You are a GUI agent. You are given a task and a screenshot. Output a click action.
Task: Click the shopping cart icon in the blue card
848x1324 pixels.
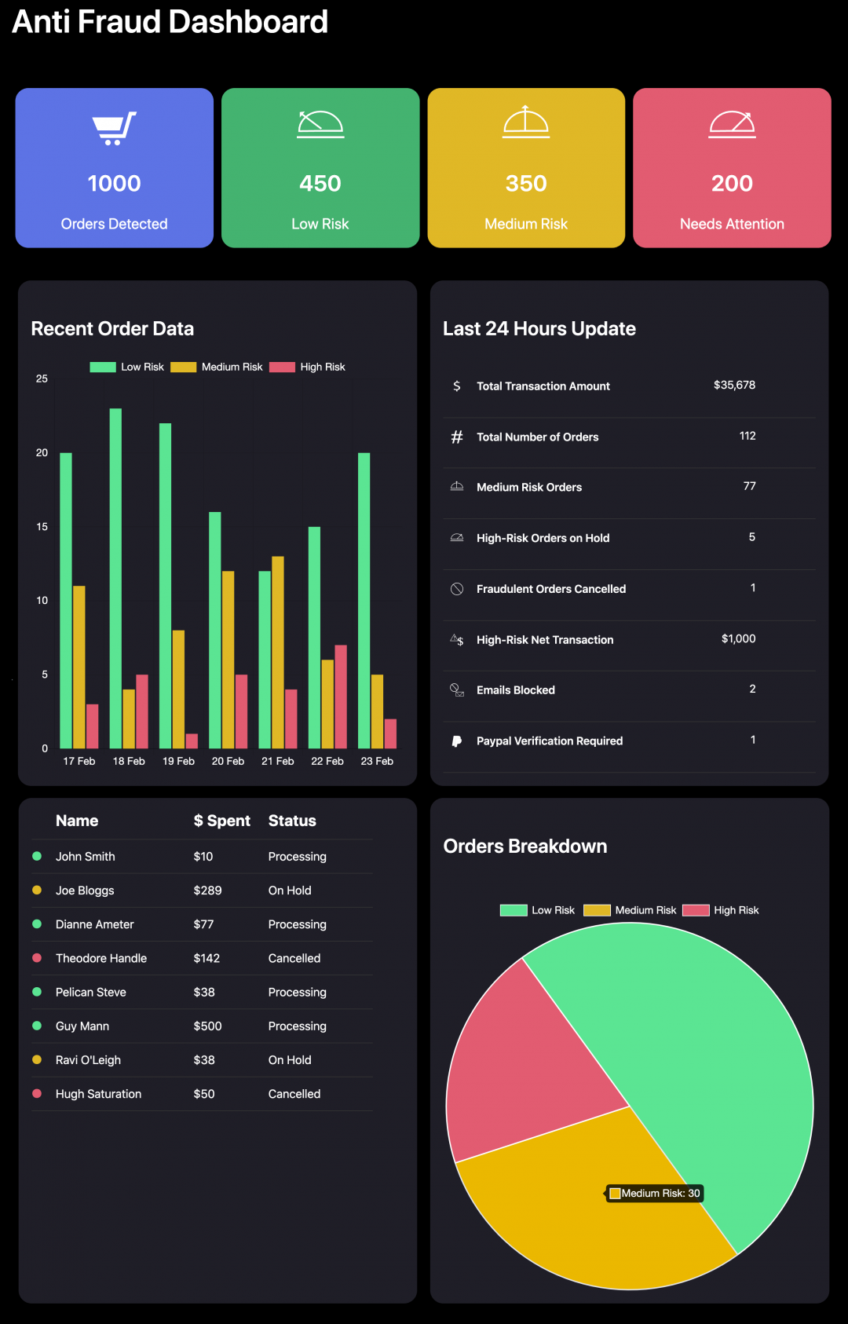114,128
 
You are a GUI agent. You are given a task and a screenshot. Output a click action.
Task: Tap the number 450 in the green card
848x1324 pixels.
320,184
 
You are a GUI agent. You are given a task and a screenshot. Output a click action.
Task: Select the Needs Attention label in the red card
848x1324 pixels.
732,224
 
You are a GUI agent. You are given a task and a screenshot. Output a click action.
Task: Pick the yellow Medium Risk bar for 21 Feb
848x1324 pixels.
278,652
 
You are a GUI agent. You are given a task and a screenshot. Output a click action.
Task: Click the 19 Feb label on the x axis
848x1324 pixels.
178,761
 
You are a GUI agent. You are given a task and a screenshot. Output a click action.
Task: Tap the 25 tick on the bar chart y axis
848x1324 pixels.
42,379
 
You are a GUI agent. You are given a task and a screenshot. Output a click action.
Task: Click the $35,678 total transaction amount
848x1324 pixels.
734,385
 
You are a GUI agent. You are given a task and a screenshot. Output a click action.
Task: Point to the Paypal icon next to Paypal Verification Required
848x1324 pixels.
457,741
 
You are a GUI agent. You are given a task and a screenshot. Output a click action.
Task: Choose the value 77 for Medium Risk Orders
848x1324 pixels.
749,486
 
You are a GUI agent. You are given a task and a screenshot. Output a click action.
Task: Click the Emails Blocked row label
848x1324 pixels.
515,689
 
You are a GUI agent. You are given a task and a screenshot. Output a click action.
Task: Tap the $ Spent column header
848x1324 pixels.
221,821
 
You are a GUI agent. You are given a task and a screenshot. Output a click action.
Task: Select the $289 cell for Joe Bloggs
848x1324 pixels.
207,891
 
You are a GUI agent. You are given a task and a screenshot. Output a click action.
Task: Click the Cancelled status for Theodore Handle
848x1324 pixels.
294,958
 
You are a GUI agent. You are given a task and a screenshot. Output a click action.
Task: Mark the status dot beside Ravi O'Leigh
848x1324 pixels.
37,1059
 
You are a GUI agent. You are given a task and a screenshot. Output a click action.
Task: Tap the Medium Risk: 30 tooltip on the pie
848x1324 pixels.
655,1194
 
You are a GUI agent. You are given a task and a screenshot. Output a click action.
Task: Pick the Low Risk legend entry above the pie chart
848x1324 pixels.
538,910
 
